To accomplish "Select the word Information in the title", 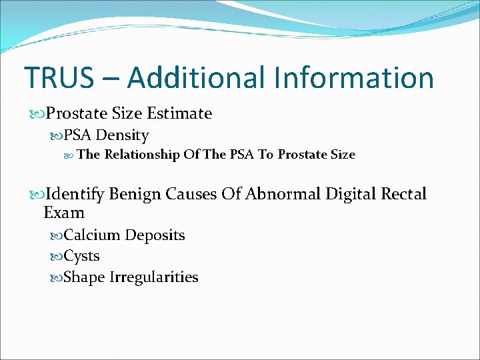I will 354,77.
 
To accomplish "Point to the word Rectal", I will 403,194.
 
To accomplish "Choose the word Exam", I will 64,213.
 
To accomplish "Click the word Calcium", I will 92,235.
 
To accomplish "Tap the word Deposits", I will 155,235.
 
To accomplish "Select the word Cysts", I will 81,257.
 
